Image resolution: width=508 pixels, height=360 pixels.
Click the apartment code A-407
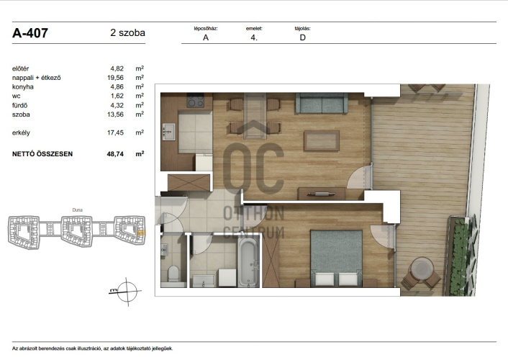click(30, 32)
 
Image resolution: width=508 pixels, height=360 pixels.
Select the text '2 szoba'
click(127, 32)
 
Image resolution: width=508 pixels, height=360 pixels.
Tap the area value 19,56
click(115, 78)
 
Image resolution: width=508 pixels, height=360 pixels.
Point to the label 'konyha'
click(23, 86)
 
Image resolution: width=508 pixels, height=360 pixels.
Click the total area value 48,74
click(115, 154)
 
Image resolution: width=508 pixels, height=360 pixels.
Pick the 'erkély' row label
click(21, 132)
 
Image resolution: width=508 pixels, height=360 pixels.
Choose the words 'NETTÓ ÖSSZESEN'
click(42, 154)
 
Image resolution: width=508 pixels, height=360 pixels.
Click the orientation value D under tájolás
click(303, 37)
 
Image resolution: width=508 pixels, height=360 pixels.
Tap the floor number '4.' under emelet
click(254, 37)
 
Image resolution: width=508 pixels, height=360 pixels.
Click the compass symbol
click(127, 292)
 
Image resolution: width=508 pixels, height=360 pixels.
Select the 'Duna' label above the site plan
click(78, 210)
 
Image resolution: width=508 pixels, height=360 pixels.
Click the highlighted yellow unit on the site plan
click(141, 233)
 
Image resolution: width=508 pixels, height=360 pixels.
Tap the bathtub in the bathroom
click(248, 262)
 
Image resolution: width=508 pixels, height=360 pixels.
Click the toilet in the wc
click(173, 274)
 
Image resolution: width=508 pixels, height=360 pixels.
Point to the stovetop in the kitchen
click(196, 101)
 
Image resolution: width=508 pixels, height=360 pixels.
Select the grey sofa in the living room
click(322, 103)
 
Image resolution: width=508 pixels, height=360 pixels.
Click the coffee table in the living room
click(322, 140)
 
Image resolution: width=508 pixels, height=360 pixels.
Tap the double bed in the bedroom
click(336, 258)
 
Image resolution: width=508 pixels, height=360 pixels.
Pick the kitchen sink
click(168, 132)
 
